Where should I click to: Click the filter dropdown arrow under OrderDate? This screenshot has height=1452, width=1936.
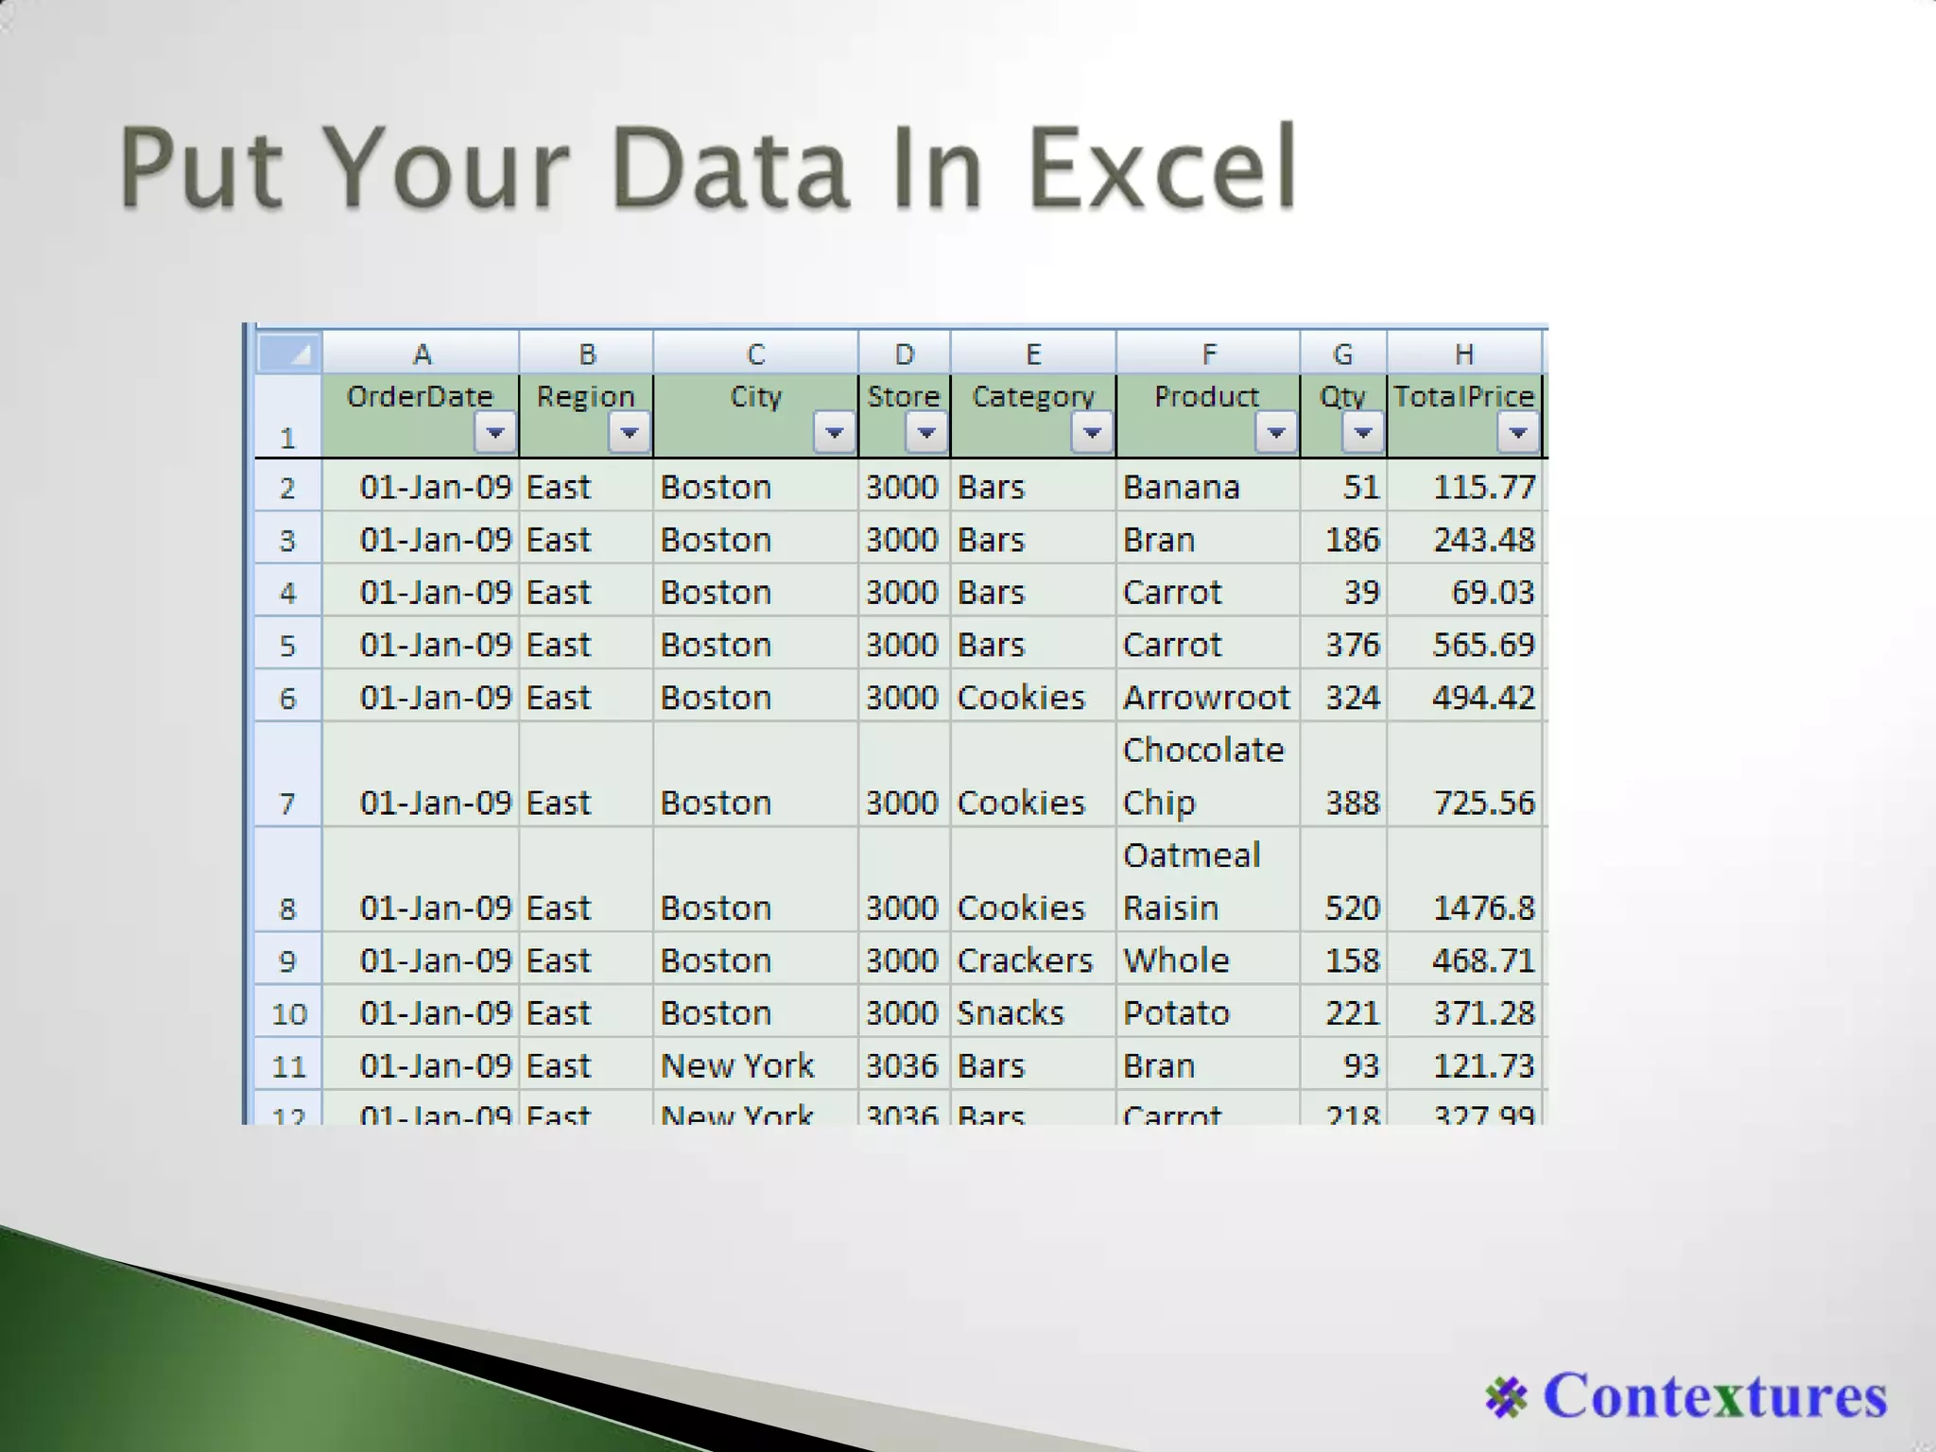click(x=494, y=433)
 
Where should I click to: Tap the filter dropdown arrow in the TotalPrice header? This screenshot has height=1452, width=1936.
click(x=1517, y=433)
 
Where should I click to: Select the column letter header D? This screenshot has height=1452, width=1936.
click(x=904, y=354)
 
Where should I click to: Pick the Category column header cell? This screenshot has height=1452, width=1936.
click(x=1032, y=397)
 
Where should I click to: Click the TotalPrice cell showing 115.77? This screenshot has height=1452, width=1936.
click(x=1483, y=487)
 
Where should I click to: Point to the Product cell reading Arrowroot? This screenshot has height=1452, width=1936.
click(x=1205, y=698)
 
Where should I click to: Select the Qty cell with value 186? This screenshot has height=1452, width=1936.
click(x=1352, y=540)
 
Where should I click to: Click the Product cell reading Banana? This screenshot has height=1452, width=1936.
click(x=1181, y=487)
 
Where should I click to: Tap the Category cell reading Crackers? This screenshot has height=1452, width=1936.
click(x=1025, y=960)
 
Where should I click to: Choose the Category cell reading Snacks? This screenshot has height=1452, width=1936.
click(x=1010, y=1013)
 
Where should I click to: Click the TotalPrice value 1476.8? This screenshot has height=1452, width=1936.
click(x=1483, y=908)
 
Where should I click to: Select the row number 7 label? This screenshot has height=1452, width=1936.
click(x=287, y=804)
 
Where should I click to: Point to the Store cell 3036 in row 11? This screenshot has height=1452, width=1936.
click(x=902, y=1066)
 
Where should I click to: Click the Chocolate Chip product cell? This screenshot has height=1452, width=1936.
click(x=1202, y=776)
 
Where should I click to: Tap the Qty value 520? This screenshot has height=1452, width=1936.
click(x=1352, y=908)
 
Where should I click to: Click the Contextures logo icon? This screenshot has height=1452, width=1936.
click(x=1506, y=1397)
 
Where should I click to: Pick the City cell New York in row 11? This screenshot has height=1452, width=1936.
click(x=736, y=1066)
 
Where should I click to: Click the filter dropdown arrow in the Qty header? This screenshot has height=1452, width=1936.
click(x=1362, y=433)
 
